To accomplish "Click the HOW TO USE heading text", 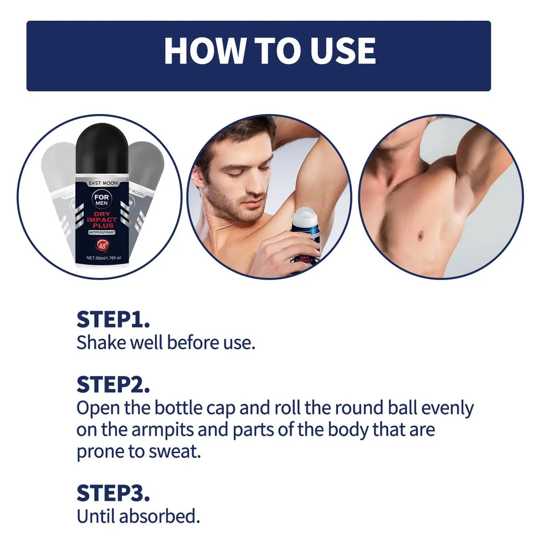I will pyautogui.click(x=270, y=51).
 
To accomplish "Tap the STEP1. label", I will pyautogui.click(x=113, y=320).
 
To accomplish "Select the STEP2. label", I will pyautogui.click(x=113, y=384).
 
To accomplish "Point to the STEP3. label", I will pyautogui.click(x=113, y=493).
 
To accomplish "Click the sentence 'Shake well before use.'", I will pyautogui.click(x=166, y=343).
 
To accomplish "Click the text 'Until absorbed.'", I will pyautogui.click(x=138, y=515).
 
